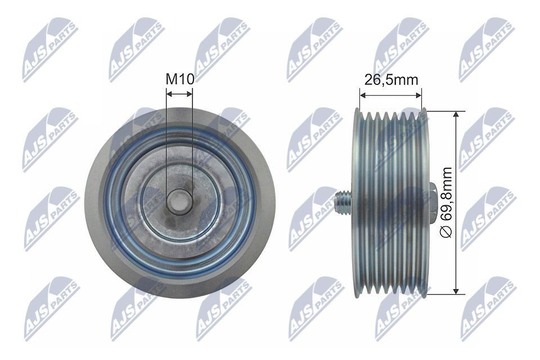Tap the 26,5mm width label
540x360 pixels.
pyautogui.click(x=391, y=79)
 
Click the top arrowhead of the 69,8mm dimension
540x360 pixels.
pyautogui.click(x=457, y=113)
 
